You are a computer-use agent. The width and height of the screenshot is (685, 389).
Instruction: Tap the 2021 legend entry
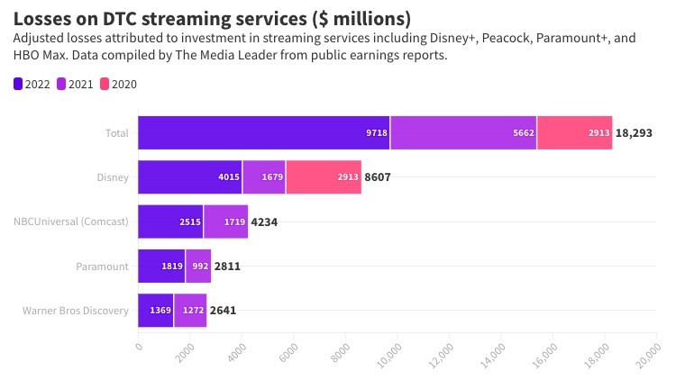[78, 84]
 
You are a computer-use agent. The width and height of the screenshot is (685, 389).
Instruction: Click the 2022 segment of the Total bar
[263, 132]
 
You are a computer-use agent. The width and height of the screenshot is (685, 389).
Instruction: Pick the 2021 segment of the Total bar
[463, 132]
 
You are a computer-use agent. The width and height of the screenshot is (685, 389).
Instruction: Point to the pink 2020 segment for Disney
[324, 177]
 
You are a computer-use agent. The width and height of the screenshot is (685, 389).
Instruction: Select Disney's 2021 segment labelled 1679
[264, 177]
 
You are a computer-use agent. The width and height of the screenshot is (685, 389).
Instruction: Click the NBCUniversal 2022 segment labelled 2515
[170, 222]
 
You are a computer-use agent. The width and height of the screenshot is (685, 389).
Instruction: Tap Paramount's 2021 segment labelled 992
[198, 267]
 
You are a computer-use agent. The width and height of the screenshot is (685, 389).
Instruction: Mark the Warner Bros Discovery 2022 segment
[156, 311]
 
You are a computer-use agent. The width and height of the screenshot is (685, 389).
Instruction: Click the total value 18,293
[634, 132]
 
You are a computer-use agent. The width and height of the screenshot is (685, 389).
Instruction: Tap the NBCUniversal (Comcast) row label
[71, 222]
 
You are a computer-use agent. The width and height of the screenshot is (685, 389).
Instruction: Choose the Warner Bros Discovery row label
[75, 311]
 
